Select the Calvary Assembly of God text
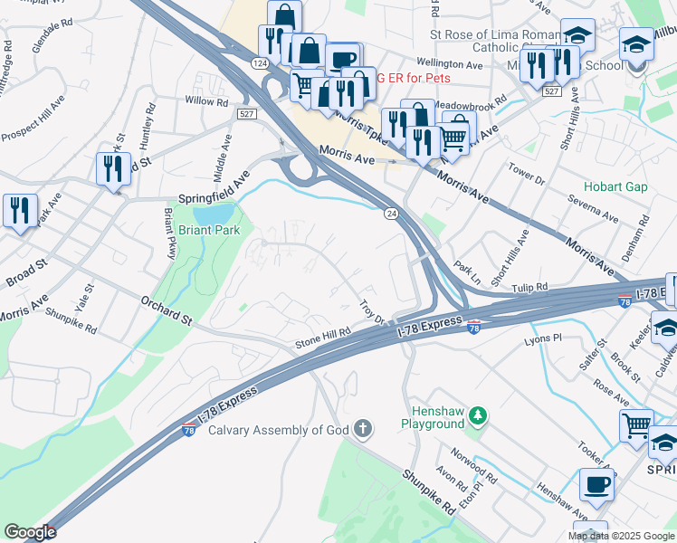278,429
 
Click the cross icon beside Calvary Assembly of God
362,428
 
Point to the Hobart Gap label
615,186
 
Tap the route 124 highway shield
259,63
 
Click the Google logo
30,531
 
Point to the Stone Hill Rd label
322,338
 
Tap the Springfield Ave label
213,187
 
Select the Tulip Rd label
529,288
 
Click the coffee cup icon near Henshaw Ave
596,485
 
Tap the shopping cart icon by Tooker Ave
636,424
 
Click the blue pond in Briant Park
214,214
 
